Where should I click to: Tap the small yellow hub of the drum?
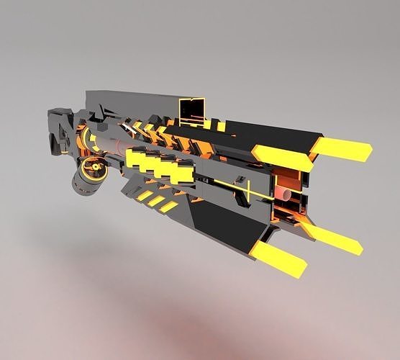coord(94,168)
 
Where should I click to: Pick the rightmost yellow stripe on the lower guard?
coord(169,207)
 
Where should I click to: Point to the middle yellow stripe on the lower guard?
coord(156,202)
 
